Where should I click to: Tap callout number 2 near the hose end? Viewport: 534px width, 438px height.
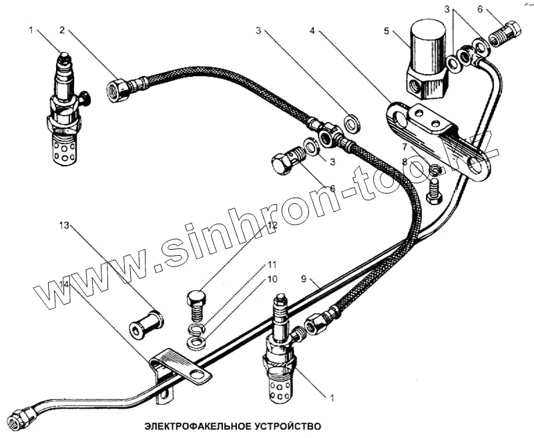[x=62, y=30]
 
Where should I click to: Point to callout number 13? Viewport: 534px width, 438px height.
[x=64, y=227]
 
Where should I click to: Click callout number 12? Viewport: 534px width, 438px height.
[x=272, y=226]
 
